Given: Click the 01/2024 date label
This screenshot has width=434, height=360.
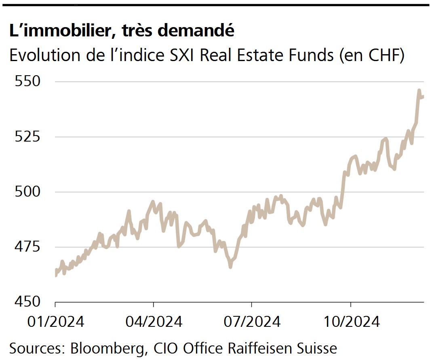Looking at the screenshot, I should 55,322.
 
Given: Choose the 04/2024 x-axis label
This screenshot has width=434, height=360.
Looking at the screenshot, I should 154,322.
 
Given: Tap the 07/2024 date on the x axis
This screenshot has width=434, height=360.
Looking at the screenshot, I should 252,322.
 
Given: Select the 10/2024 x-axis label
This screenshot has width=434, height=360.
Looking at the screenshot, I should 351,322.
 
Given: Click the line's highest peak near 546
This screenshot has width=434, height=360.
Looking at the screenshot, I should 419,90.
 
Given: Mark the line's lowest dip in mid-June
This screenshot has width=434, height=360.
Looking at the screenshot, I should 230,267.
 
